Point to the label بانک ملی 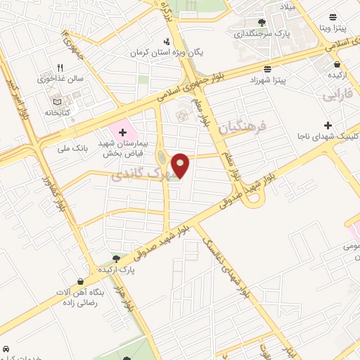[74, 148]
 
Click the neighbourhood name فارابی [335, 94]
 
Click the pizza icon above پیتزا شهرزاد [268, 69]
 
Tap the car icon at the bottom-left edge [6, 349]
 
